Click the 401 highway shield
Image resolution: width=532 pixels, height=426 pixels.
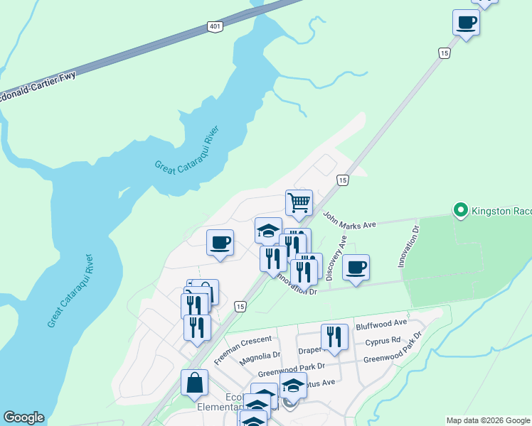click(x=216, y=26)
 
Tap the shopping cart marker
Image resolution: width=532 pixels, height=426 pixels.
click(x=299, y=202)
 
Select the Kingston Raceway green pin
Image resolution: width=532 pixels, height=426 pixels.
click(x=460, y=210)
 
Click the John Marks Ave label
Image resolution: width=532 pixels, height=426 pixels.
click(x=349, y=220)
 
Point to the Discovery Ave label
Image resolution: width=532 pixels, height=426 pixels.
click(x=335, y=258)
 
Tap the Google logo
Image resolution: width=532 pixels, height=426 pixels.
click(x=23, y=417)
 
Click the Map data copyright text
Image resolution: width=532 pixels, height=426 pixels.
click(x=488, y=420)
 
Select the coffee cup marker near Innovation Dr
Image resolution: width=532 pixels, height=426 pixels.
click(x=356, y=267)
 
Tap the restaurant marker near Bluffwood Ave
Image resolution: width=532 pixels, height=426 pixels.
click(x=334, y=337)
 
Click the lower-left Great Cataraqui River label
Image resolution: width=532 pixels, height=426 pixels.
click(x=70, y=290)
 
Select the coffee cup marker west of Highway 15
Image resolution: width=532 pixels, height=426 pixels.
click(x=220, y=242)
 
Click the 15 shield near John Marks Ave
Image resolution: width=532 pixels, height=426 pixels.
click(x=343, y=180)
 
